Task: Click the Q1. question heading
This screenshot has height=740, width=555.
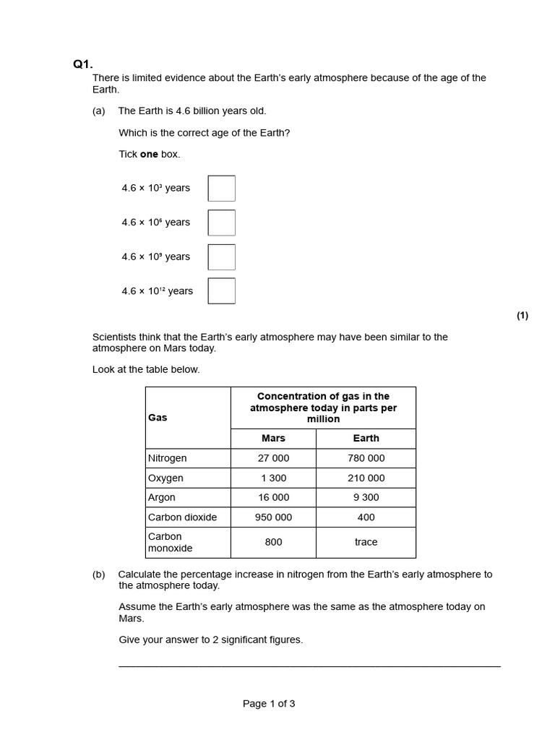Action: coord(83,64)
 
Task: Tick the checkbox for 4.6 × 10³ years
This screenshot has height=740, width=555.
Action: coord(221,188)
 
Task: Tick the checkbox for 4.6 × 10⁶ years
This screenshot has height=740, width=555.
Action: coord(221,223)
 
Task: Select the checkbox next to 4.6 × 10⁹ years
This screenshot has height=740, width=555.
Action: coord(221,257)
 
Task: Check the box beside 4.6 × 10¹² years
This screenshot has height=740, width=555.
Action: coord(221,291)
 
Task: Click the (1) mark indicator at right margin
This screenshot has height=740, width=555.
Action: coord(522,315)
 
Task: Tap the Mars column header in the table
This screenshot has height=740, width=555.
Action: coord(273,439)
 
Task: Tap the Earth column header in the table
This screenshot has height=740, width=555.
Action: coord(366,439)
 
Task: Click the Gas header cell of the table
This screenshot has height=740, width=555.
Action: coord(158,418)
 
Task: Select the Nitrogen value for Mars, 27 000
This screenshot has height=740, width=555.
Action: coord(273,458)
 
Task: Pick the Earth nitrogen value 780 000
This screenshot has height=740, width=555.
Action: coord(366,458)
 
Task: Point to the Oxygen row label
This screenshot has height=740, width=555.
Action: coord(165,478)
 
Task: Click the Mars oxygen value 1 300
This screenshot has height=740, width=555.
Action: coord(273,478)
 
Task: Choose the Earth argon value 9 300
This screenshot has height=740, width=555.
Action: coord(366,497)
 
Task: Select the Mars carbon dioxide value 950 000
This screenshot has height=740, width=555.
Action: coord(273,517)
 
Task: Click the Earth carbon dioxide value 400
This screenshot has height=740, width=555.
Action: coord(366,517)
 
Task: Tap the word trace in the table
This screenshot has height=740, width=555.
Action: coord(366,542)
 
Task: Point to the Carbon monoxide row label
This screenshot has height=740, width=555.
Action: coord(170,542)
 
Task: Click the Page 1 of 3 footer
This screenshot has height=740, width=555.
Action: coord(269,704)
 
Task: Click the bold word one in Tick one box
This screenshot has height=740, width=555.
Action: coord(149,154)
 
